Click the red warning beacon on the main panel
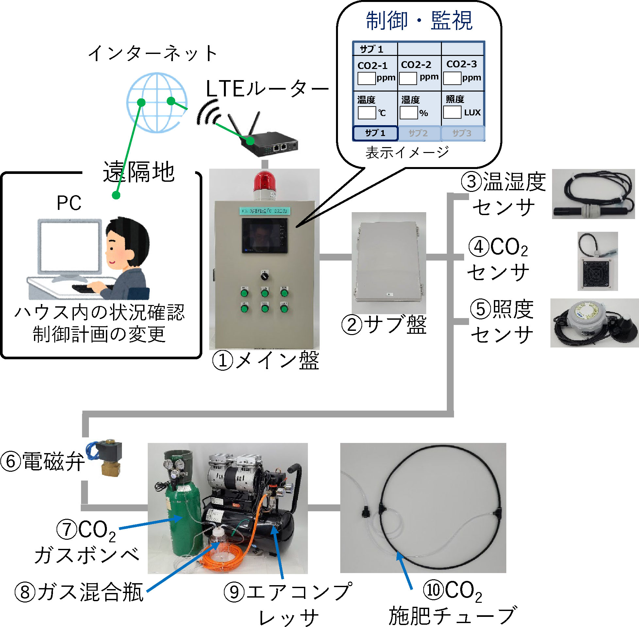tap(265, 182)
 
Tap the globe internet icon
tap(157, 103)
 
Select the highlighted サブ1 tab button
tap(375, 133)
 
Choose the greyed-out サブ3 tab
tap(462, 133)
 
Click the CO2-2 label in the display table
tap(416, 64)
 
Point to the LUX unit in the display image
tap(472, 113)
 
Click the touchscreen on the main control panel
tap(263, 235)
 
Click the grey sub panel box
tap(389, 263)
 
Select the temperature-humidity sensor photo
tap(593, 194)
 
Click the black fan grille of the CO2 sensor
tap(596, 273)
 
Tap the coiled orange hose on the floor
tap(224, 556)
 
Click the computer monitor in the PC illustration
tap(70, 247)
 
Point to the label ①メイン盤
tap(265, 360)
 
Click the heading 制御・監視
tap(419, 20)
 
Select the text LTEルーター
tap(267, 89)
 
